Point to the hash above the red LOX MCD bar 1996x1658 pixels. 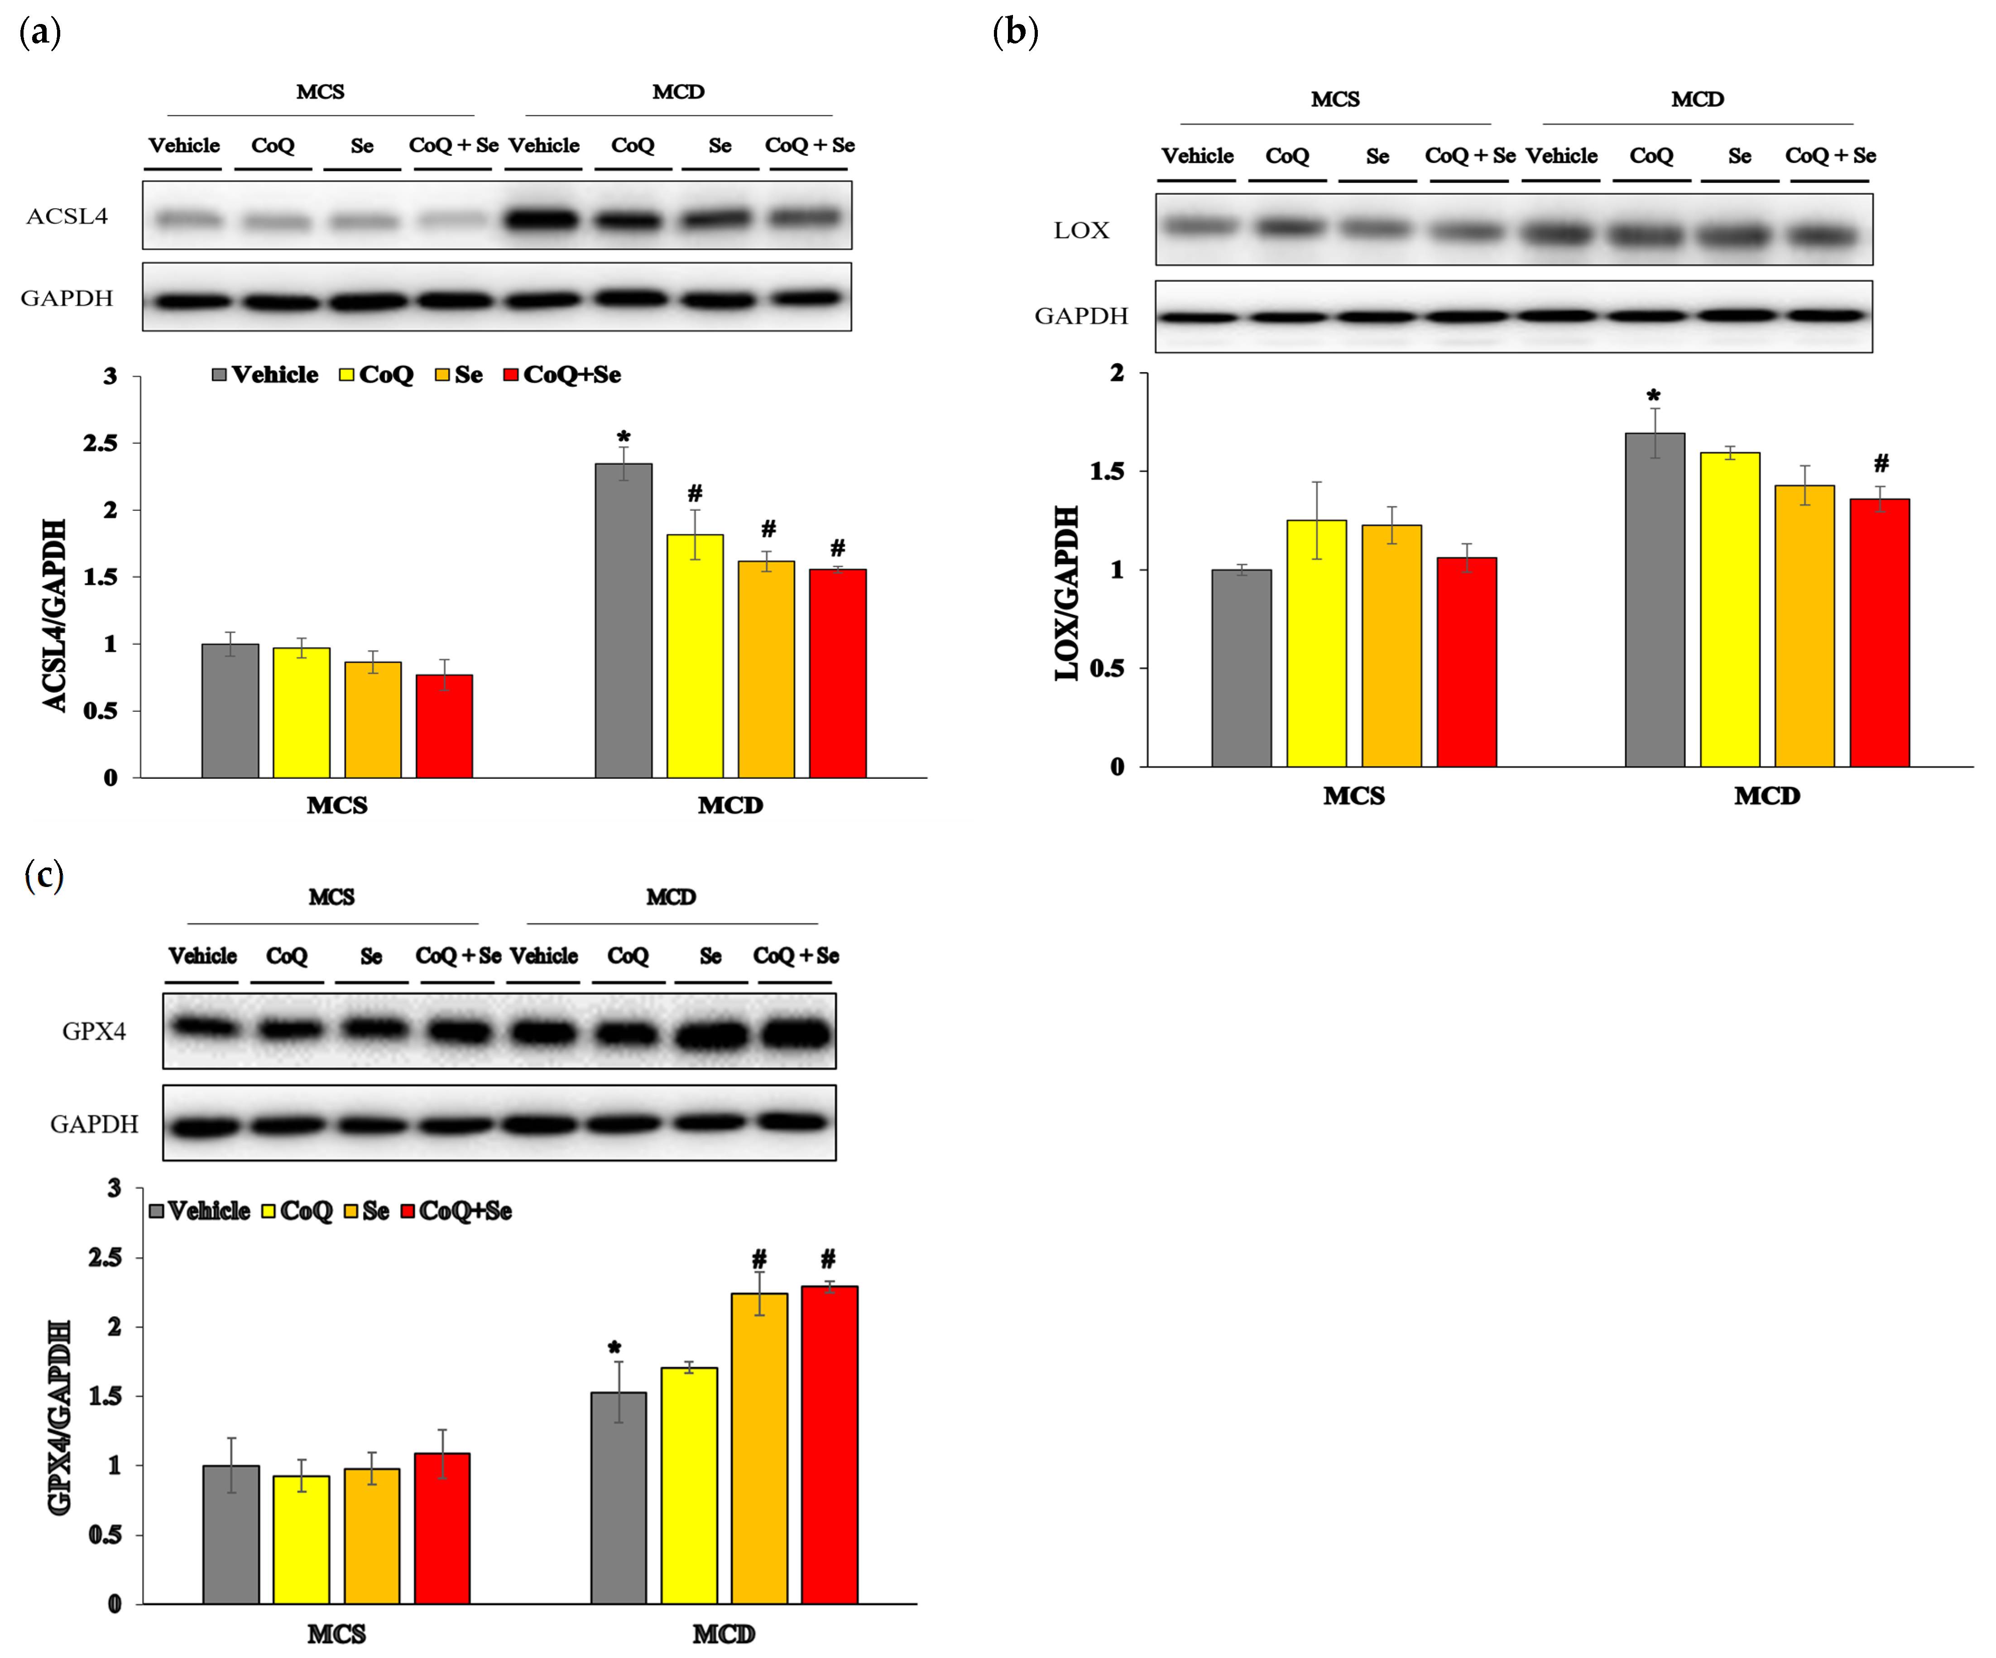click(x=1881, y=464)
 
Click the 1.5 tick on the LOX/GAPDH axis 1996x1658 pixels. click(x=1107, y=471)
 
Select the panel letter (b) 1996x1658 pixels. click(x=1015, y=32)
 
